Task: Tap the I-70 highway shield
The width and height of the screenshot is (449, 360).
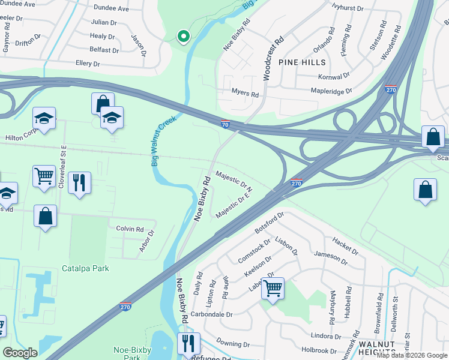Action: [224, 124]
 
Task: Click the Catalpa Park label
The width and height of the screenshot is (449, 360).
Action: [85, 268]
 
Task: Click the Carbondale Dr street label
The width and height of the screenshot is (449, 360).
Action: [212, 314]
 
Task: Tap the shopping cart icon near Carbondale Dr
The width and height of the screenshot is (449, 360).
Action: [273, 289]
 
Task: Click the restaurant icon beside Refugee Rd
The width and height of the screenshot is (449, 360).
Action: [188, 343]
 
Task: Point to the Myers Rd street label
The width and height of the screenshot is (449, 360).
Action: [245, 94]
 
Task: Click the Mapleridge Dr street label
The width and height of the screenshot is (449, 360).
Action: [331, 91]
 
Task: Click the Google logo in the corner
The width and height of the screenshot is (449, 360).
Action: [20, 353]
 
